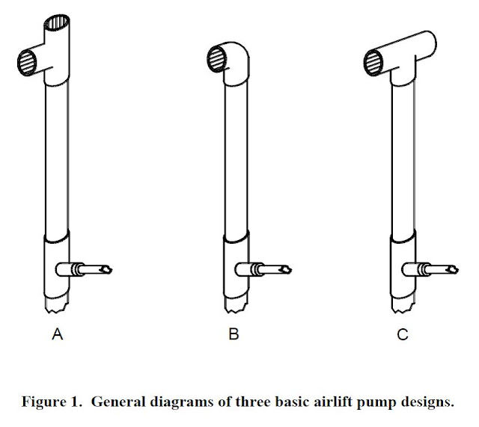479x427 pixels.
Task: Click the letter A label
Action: click(57, 337)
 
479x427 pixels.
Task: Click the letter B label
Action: click(234, 337)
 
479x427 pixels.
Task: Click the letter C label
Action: click(402, 337)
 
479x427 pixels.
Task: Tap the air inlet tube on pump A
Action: click(90, 268)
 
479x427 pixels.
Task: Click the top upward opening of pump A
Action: click(60, 20)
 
